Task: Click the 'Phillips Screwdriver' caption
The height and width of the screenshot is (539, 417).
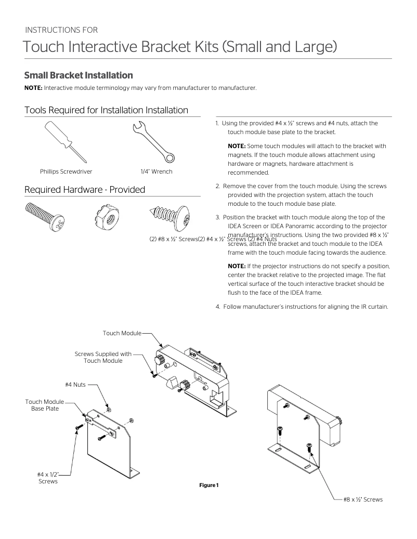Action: pos(66,172)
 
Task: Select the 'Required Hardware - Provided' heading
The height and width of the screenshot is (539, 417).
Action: pos(85,190)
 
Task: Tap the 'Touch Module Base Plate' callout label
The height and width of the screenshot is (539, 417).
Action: pos(45,405)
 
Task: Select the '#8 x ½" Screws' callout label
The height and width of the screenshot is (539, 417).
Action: pos(362,499)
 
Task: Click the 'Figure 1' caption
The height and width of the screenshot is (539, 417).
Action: pos(208,485)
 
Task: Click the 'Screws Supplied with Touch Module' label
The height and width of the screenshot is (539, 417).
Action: pos(103,358)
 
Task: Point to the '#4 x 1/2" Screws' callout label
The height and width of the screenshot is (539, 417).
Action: pos(48,478)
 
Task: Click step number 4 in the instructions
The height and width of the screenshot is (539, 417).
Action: pos(218,306)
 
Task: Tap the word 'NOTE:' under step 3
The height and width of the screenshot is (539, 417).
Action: pos(237,266)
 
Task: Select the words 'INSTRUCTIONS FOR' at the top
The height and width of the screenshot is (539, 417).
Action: pos(61,30)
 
